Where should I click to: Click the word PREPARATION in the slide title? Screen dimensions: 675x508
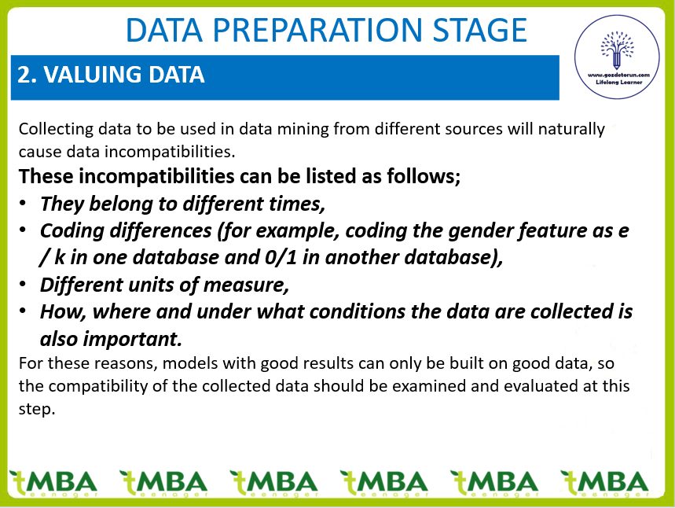(317, 30)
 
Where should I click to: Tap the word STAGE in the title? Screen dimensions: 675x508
(480, 30)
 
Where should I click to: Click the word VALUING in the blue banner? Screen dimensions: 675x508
(93, 75)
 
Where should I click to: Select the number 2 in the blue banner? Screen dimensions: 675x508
(24, 75)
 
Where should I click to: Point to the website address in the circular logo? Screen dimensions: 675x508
(618, 75)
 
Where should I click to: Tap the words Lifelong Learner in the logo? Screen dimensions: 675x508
(619, 82)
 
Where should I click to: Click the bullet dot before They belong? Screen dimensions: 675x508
(23, 203)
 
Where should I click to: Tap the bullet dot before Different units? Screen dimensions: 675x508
(23, 284)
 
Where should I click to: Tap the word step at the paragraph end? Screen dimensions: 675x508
(37, 409)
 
